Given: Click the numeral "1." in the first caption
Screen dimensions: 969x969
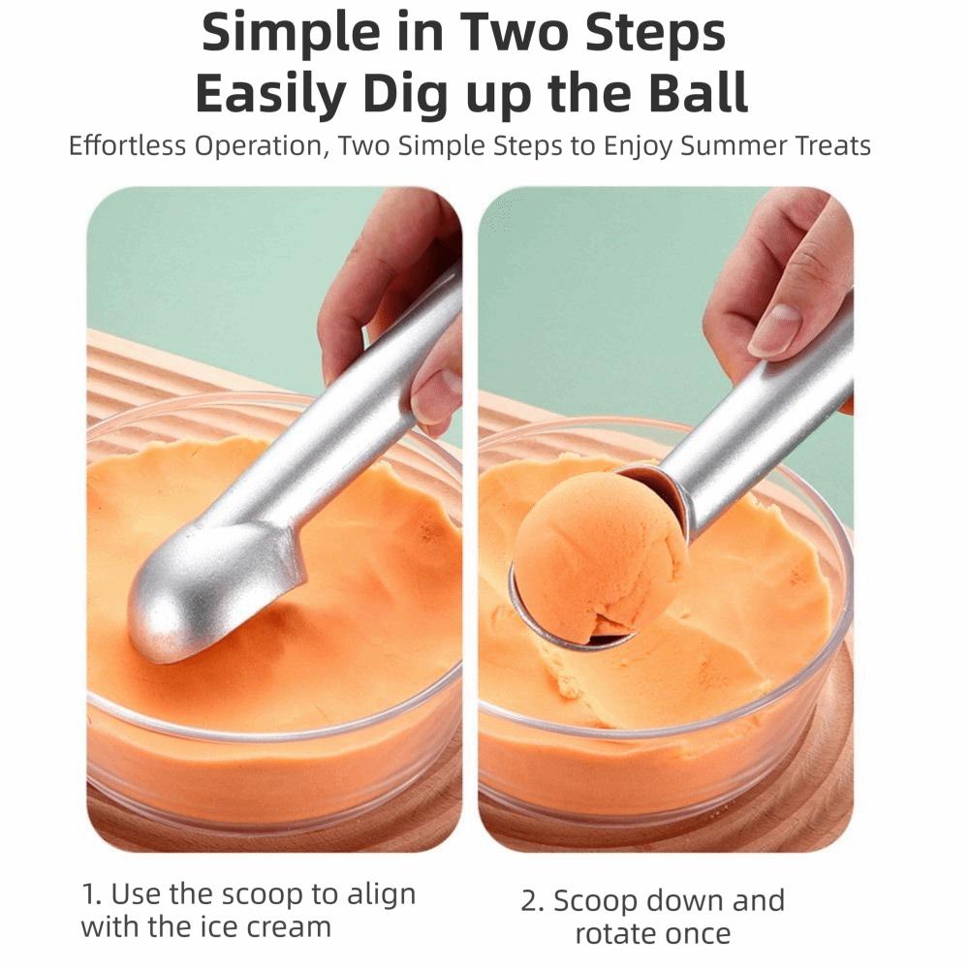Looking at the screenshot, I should (92, 893).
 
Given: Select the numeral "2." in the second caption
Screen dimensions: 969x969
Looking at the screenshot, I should (534, 901).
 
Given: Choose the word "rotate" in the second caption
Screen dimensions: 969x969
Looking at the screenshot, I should (618, 934).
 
